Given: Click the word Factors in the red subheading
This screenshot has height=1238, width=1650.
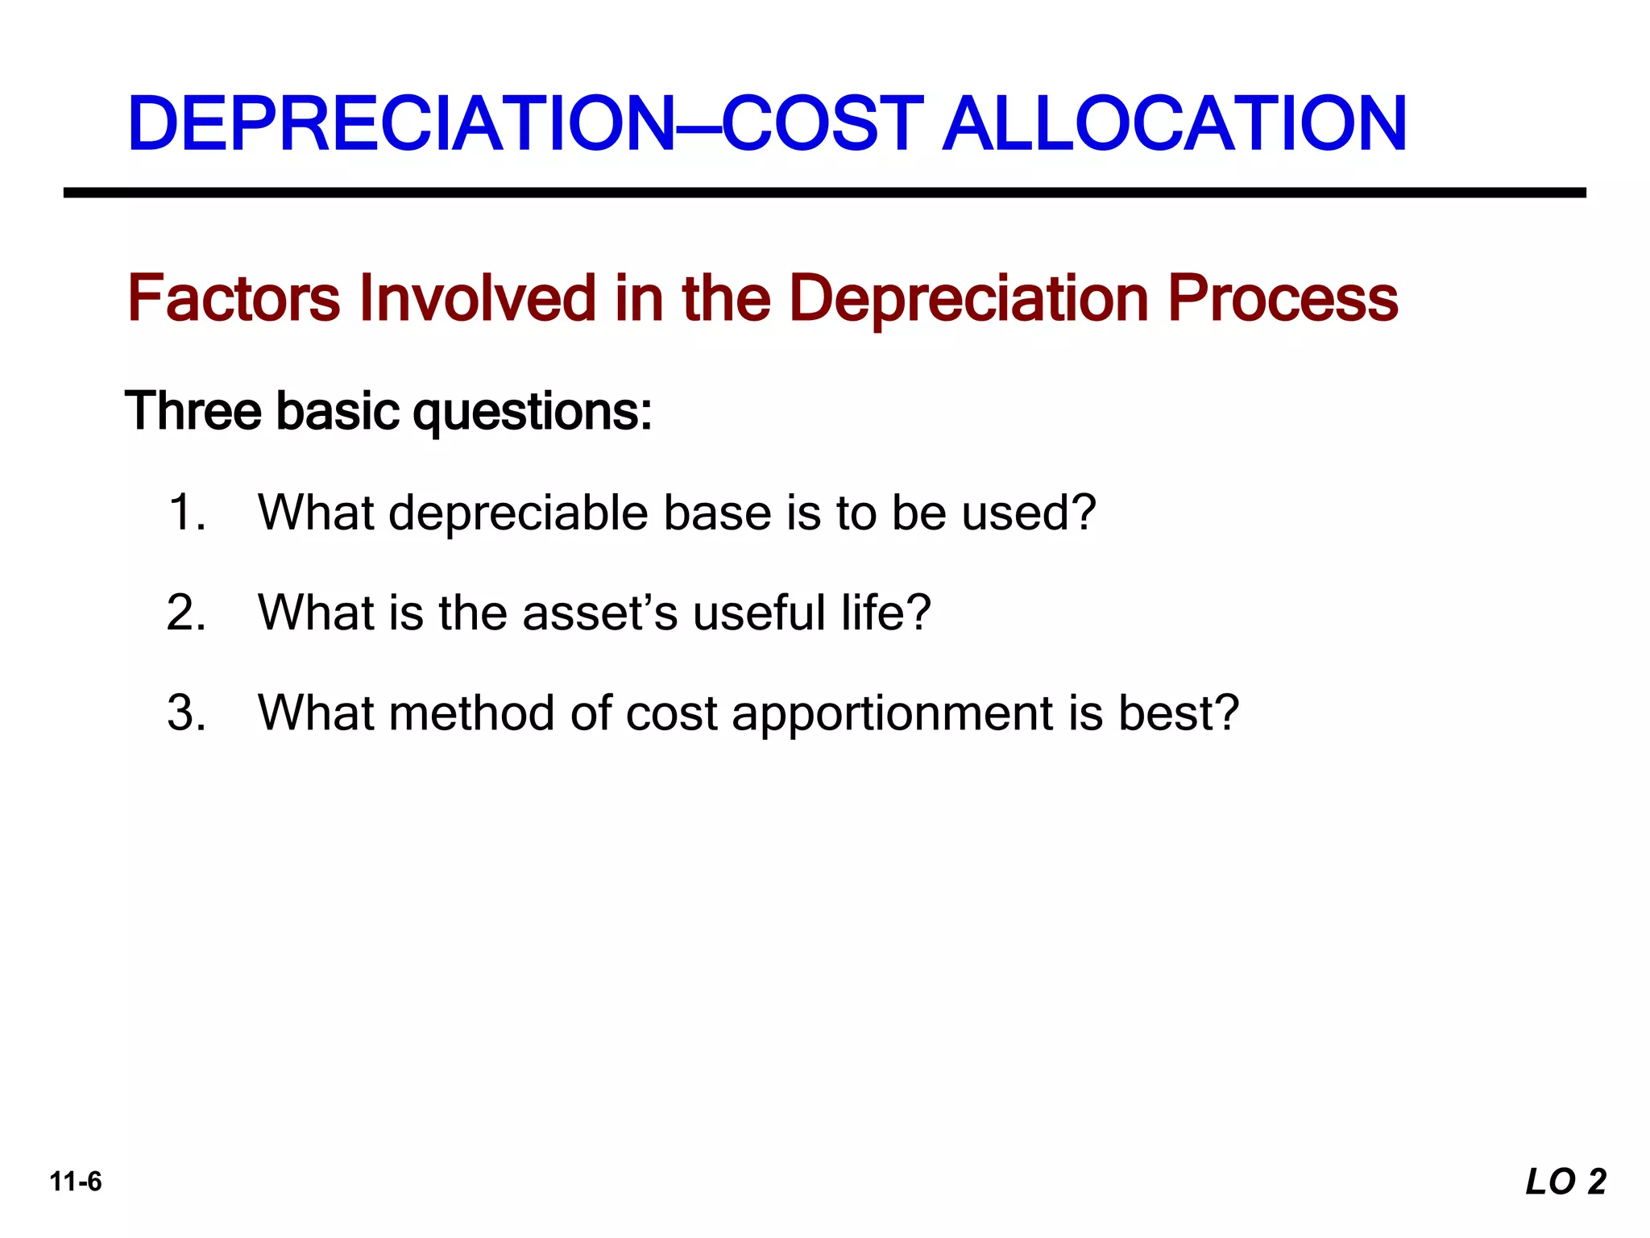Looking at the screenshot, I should point(234,298).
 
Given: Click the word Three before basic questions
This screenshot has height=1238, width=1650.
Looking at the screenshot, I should point(193,411).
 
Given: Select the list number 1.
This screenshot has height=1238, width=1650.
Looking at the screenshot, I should point(187,513).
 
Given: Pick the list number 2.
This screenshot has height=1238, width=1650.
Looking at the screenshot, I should point(187,613).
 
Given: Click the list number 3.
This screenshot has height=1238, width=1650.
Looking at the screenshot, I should point(187,713).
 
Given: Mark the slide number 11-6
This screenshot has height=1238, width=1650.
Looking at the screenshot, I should point(76,1182).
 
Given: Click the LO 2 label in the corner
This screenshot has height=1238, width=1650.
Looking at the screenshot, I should point(1565,1182).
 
